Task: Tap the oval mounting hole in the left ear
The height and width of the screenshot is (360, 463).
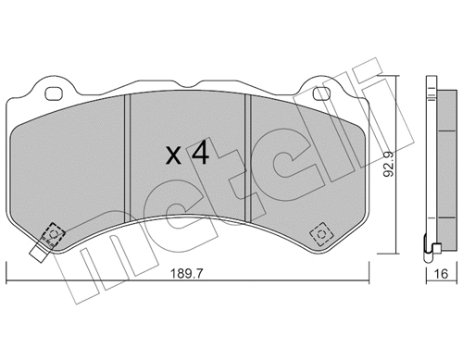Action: [x=53, y=93]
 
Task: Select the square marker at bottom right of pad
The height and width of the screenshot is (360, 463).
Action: [x=321, y=231]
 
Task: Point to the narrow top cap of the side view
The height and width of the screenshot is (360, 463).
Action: [x=432, y=84]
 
